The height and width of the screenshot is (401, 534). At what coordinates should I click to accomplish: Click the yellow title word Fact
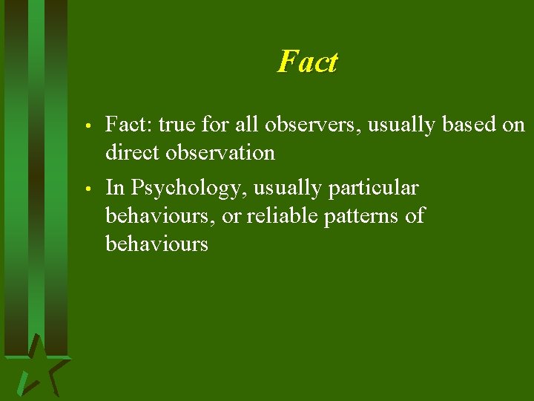coord(307,62)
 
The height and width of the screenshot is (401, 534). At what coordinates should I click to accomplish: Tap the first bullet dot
coord(88,125)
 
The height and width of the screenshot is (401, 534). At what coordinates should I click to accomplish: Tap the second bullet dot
coord(88,188)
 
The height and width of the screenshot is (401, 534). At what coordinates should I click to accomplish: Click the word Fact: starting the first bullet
coord(129,124)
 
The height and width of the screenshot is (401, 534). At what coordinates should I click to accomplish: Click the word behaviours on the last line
coord(156,244)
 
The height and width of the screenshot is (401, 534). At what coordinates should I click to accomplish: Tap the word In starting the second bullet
coord(115,188)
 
